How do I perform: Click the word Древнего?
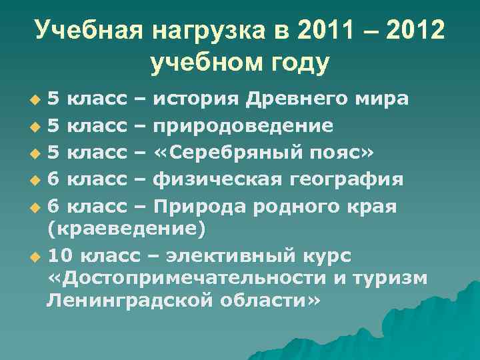(303, 100)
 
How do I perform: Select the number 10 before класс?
(61, 257)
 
